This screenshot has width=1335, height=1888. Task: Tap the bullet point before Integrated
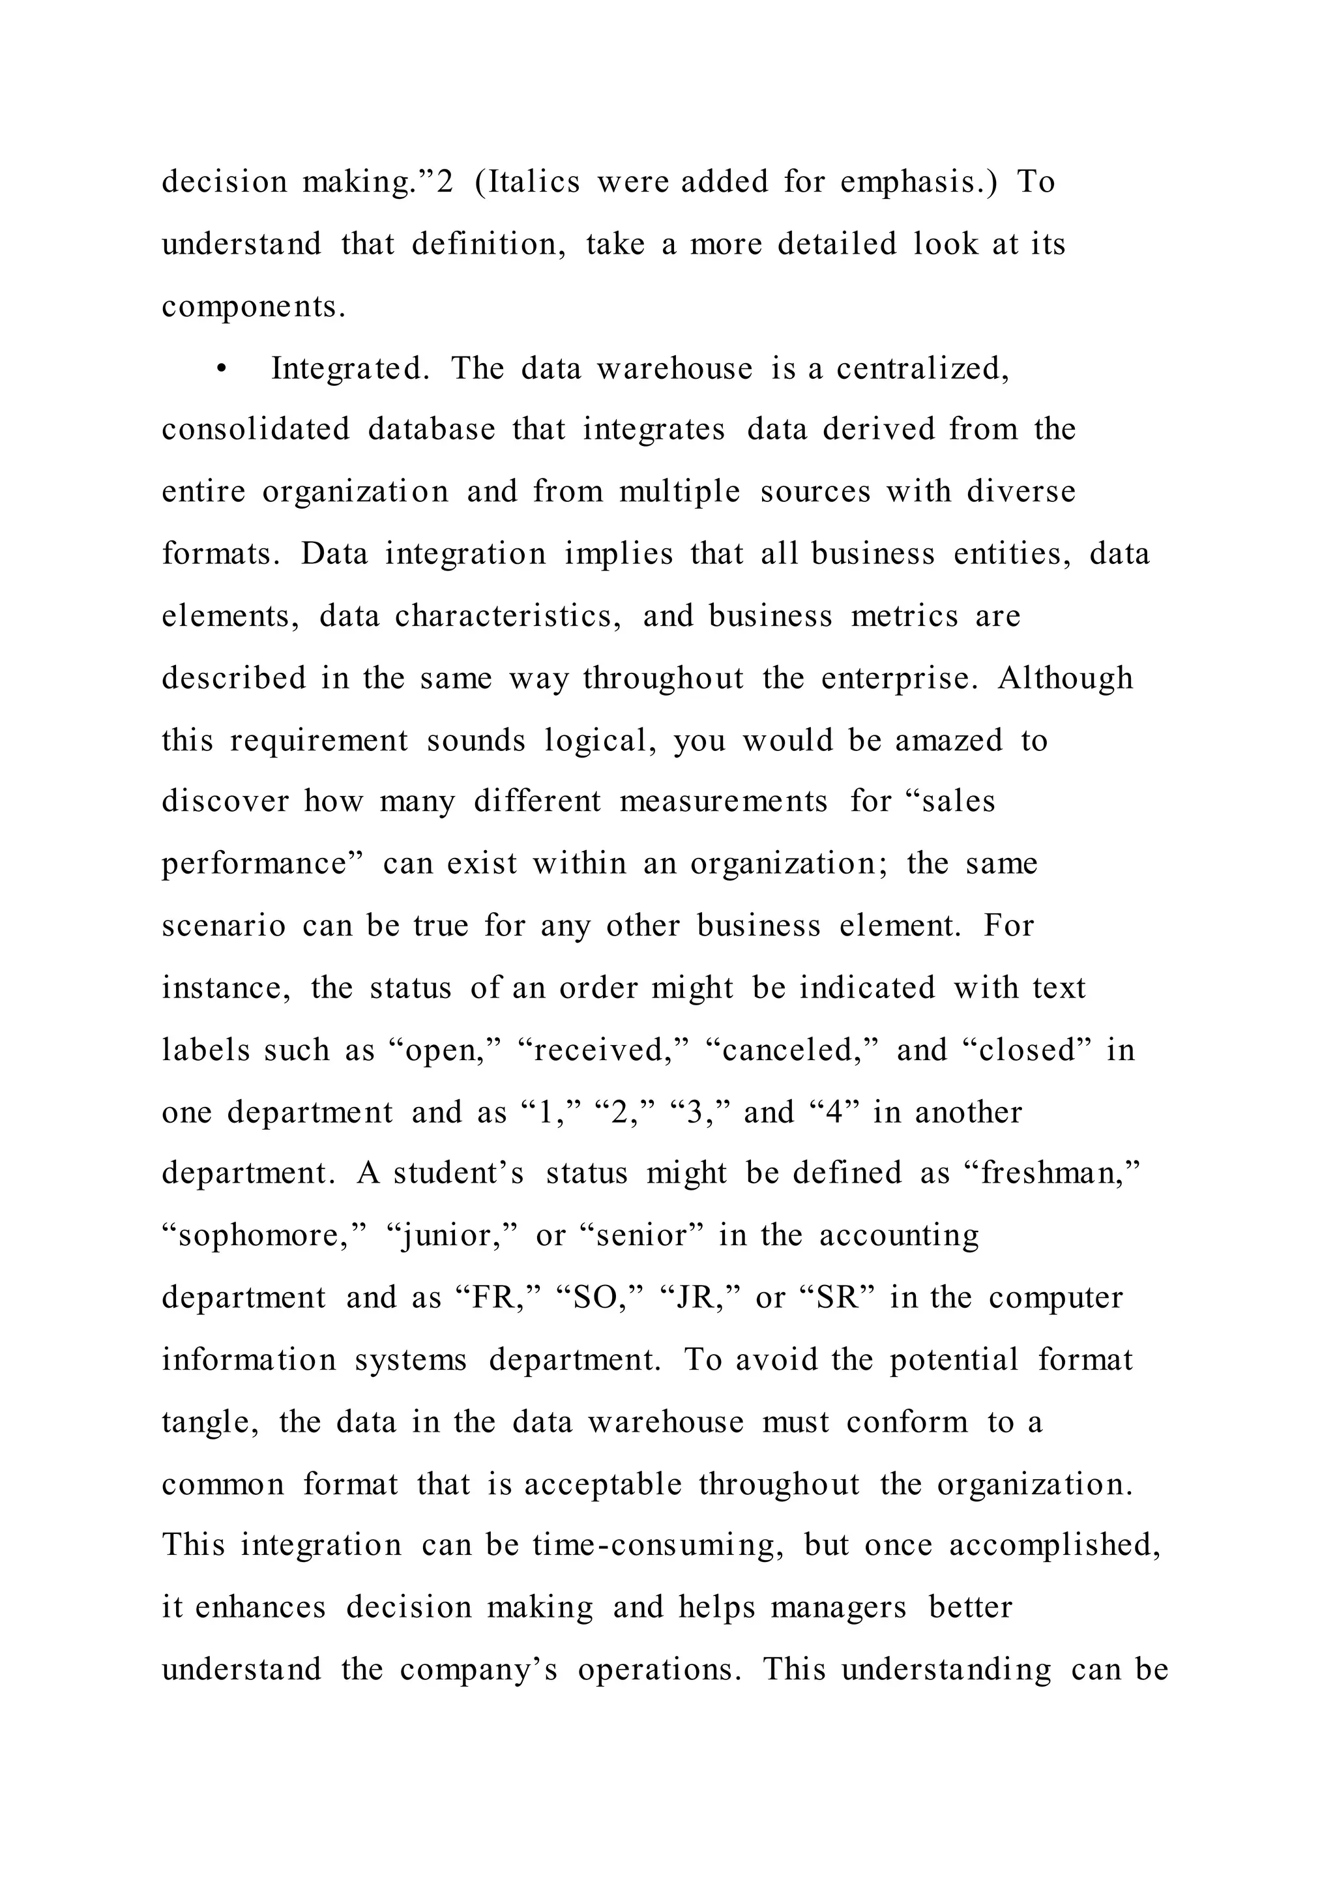pyautogui.click(x=220, y=369)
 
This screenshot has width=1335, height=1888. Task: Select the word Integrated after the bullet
pyautogui.click(x=350, y=369)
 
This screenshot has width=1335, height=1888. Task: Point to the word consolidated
pyautogui.click(x=256, y=430)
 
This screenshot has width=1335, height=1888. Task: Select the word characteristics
pyautogui.click(x=507, y=616)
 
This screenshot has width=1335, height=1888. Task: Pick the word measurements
pyautogui.click(x=724, y=802)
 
